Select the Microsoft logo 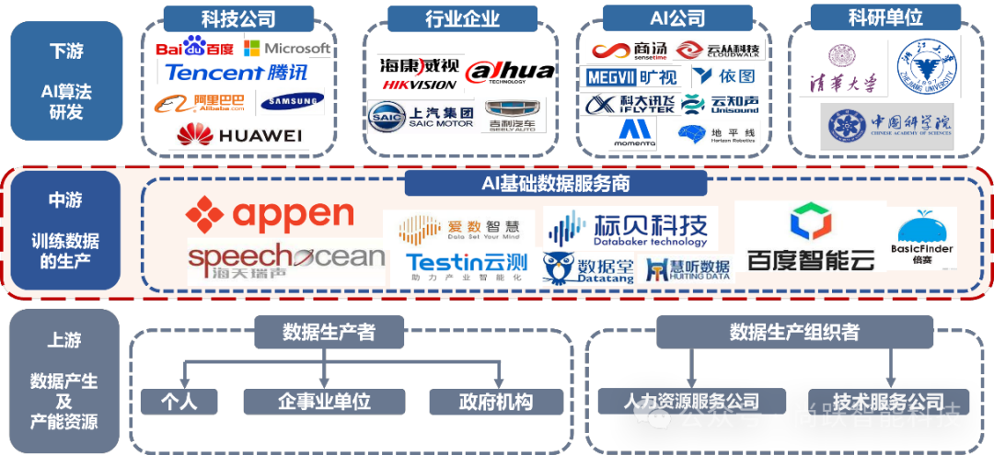point(285,48)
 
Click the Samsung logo point(291,102)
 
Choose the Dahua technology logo point(509,72)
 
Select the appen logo point(270,214)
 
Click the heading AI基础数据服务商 point(556,184)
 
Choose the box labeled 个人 point(179,402)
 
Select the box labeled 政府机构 point(496,402)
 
